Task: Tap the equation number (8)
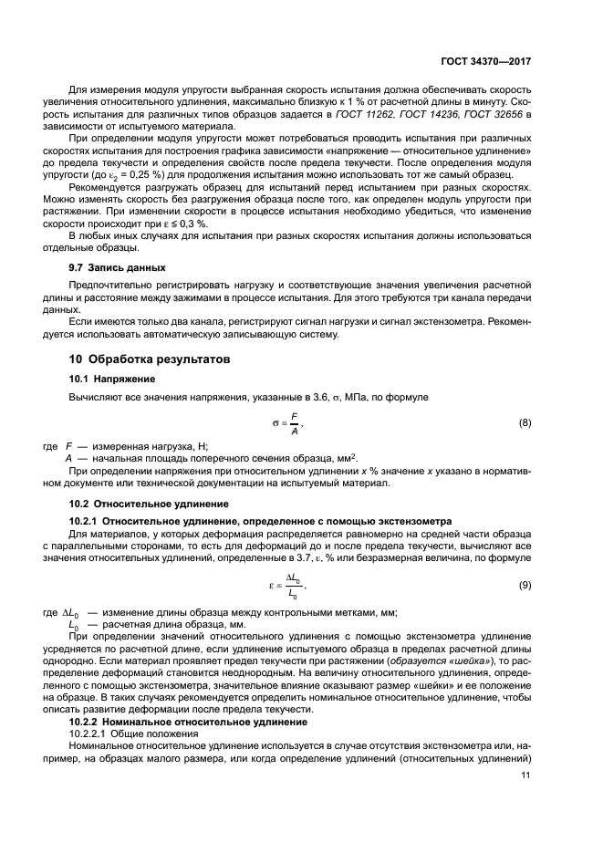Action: (x=525, y=422)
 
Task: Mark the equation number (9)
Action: (x=525, y=585)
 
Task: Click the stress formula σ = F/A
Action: (x=288, y=423)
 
